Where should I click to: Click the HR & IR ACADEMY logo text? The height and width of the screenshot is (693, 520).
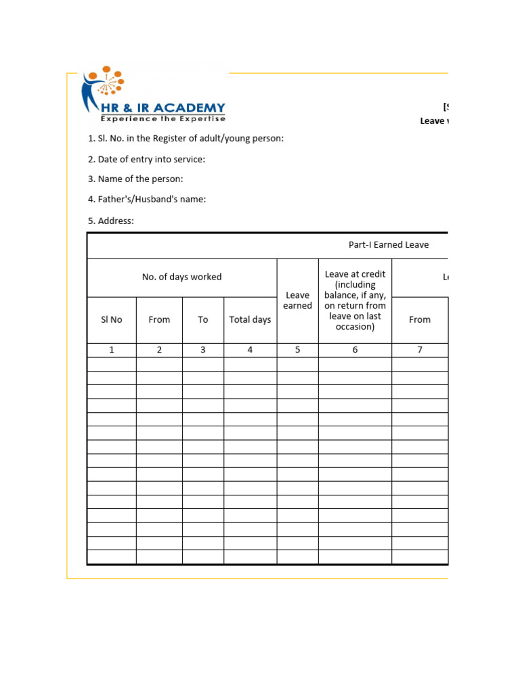[162, 108]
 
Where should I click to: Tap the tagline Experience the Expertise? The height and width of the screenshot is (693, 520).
[162, 118]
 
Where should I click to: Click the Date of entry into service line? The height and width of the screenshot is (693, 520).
[146, 159]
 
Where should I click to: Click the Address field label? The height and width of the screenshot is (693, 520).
[111, 221]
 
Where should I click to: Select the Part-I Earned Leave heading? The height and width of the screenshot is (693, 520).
[388, 245]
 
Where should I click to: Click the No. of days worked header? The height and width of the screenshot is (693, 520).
[181, 277]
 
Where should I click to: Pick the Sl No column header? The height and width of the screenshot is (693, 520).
[112, 319]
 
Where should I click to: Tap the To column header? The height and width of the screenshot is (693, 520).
[203, 319]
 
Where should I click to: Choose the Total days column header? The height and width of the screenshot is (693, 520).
[250, 319]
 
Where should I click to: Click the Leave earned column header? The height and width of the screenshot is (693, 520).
[297, 300]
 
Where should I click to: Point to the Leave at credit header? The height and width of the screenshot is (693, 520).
[355, 300]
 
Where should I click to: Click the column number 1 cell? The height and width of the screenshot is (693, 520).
[112, 350]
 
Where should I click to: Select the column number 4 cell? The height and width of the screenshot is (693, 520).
[250, 350]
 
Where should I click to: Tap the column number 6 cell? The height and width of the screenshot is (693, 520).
[355, 350]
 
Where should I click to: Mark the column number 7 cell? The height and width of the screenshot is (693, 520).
[420, 350]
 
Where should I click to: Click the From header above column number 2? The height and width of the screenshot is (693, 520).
[159, 319]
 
